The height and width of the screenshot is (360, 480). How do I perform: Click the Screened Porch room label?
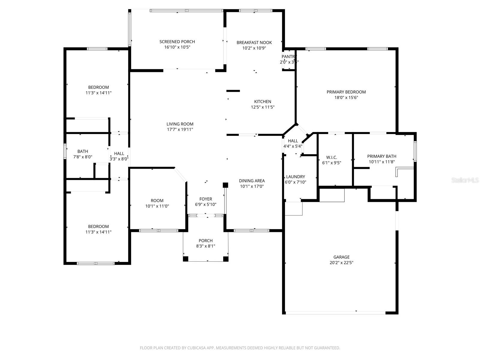pyautogui.click(x=177, y=42)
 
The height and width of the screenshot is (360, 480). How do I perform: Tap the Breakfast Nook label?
pyautogui.click(x=254, y=43)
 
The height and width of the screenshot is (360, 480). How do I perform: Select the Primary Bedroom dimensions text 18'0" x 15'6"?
pyautogui.click(x=346, y=97)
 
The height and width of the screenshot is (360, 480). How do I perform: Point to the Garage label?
pyautogui.click(x=341, y=257)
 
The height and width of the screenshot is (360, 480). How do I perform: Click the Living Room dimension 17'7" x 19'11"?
pyautogui.click(x=180, y=130)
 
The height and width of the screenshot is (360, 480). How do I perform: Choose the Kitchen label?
pyautogui.click(x=263, y=102)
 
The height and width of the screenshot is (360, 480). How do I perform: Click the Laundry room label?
pyautogui.click(x=295, y=177)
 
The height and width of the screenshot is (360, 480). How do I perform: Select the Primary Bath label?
pyautogui.click(x=382, y=156)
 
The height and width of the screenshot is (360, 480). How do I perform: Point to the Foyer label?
pyautogui.click(x=206, y=199)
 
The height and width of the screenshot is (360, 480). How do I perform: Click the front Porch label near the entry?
pyautogui.click(x=205, y=241)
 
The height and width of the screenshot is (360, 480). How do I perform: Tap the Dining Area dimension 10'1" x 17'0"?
pyautogui.click(x=252, y=186)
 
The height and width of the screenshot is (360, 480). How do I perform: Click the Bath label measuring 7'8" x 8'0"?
pyautogui.click(x=83, y=151)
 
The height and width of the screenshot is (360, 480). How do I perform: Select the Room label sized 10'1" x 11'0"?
pyautogui.click(x=157, y=201)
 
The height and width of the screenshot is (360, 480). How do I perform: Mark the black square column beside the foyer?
pyautogui.click(x=226, y=185)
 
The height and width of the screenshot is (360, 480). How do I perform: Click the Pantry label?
pyautogui.click(x=289, y=57)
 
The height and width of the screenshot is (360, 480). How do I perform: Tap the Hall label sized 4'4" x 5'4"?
pyautogui.click(x=293, y=141)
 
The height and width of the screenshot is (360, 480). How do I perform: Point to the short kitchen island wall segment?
pyautogui.click(x=233, y=91)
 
